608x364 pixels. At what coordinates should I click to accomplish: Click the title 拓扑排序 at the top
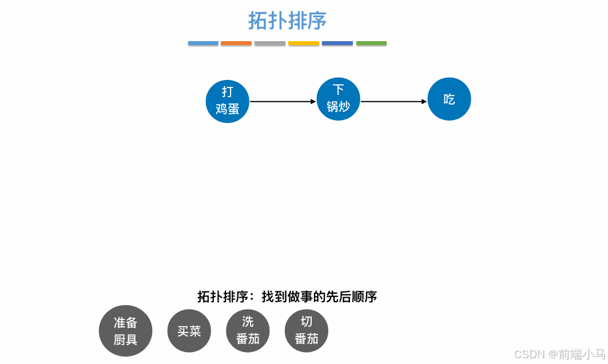tap(287, 21)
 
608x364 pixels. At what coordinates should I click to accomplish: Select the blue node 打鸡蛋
tap(228, 101)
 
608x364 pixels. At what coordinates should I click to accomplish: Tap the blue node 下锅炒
tap(338, 99)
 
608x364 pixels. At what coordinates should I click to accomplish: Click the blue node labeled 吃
tap(449, 99)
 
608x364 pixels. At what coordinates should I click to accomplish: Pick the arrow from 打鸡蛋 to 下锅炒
tap(283, 102)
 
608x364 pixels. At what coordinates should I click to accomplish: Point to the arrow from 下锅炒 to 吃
tap(394, 102)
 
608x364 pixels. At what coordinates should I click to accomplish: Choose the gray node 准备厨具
tap(125, 331)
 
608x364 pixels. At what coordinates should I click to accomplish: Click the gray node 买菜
tap(189, 331)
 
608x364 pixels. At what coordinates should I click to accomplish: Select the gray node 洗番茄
tap(248, 331)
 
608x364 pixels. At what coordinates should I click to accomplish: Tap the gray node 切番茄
tap(306, 331)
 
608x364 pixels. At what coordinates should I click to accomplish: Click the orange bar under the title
tap(236, 43)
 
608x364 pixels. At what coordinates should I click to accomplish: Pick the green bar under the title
tap(371, 43)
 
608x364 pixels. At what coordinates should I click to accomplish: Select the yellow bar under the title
tap(304, 43)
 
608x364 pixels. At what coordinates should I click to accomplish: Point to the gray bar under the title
tap(270, 43)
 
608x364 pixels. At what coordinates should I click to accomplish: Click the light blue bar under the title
tap(203, 43)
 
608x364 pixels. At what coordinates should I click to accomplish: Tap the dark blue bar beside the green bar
tap(337, 43)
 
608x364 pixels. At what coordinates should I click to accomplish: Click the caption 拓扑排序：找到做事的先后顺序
tap(287, 297)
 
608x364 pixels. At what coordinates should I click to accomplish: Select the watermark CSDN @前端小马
tap(559, 354)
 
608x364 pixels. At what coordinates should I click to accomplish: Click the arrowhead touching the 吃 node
tap(424, 102)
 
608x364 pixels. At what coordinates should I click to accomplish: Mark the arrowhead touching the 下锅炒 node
tap(313, 102)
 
